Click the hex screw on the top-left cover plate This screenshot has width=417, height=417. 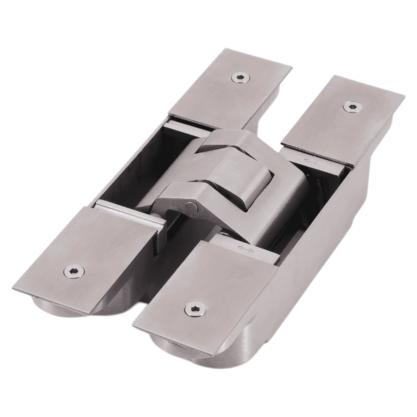point(240,77)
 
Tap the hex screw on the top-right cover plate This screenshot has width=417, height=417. point(352,106)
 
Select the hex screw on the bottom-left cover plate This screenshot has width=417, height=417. point(74,271)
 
